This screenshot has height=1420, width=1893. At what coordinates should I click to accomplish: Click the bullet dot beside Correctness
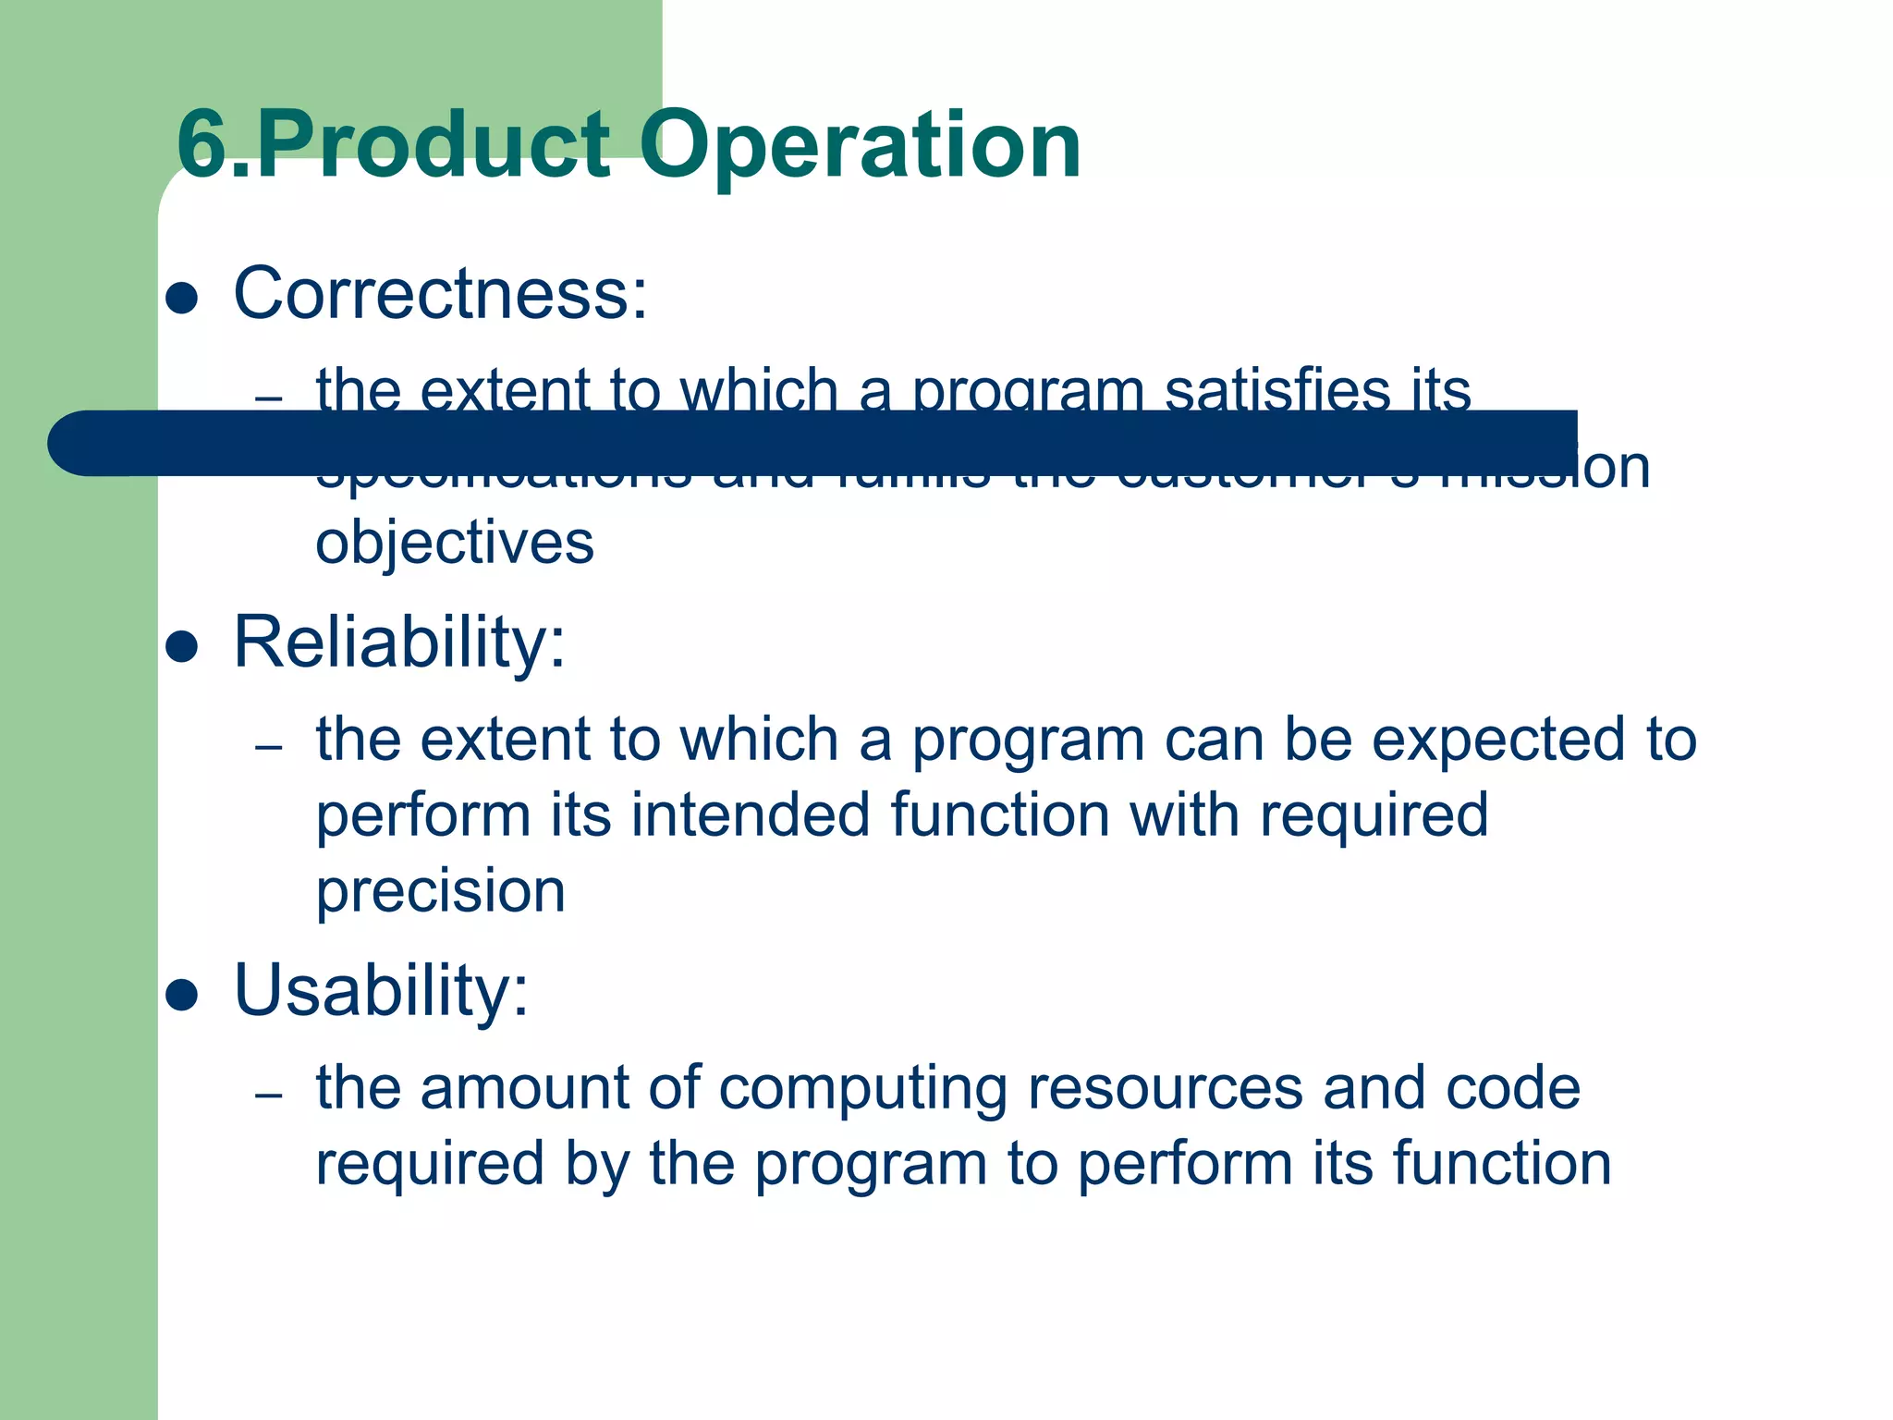point(182,299)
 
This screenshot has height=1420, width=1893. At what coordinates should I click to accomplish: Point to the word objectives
point(455,543)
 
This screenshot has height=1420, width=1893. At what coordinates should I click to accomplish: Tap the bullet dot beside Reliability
point(182,647)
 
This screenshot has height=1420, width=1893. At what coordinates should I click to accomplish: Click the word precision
point(441,891)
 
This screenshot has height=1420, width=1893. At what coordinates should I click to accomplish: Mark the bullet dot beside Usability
point(182,995)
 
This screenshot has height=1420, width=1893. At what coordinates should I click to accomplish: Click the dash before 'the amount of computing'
point(269,1096)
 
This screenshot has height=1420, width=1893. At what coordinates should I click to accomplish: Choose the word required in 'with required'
point(1374,815)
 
